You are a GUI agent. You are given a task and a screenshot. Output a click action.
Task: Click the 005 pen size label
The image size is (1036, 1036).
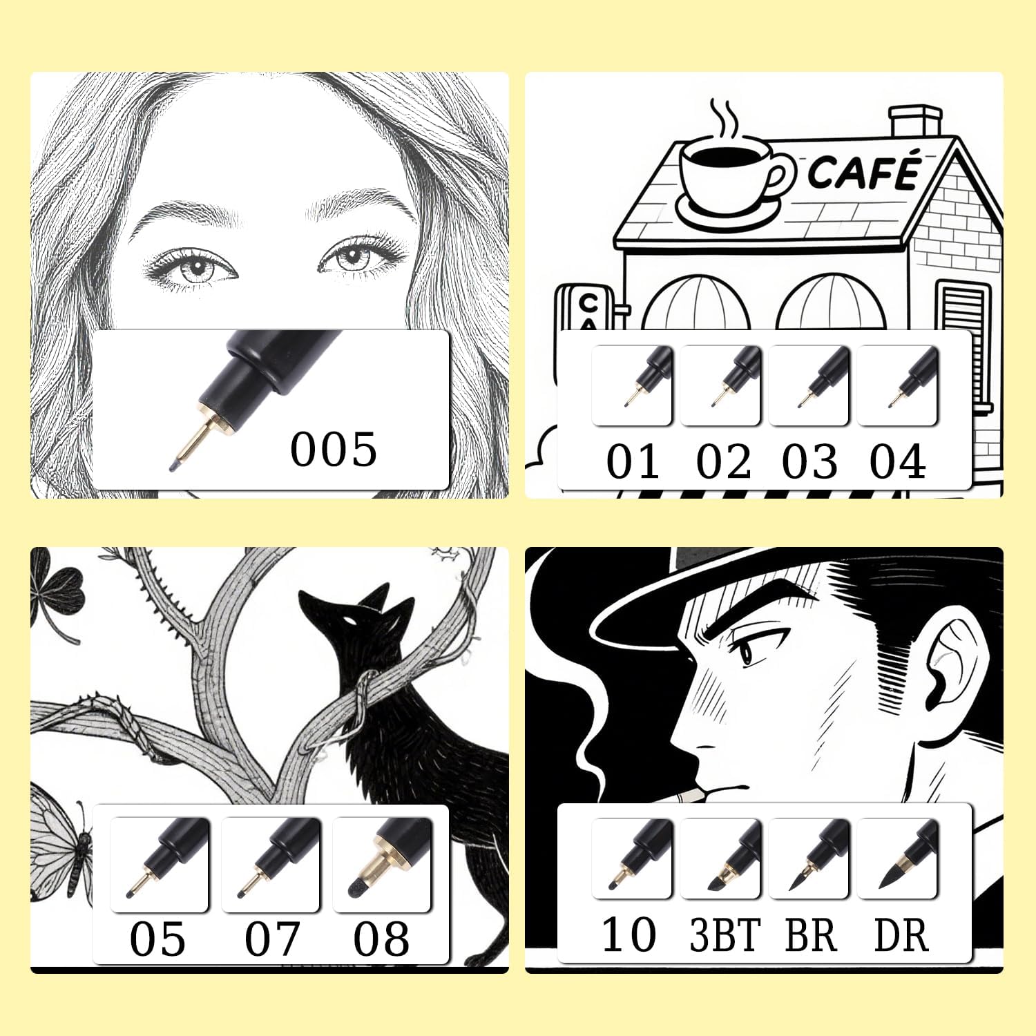click(x=334, y=449)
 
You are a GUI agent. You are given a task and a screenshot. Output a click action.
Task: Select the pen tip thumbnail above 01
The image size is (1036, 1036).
click(x=632, y=385)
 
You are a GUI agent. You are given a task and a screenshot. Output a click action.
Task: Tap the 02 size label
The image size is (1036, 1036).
click(x=723, y=461)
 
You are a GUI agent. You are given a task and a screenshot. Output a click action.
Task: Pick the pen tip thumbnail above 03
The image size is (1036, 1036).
click(x=809, y=385)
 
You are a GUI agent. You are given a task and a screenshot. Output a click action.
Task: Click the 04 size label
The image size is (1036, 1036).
click(x=897, y=461)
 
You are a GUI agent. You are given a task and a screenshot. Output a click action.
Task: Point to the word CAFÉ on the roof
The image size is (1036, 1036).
click(x=865, y=171)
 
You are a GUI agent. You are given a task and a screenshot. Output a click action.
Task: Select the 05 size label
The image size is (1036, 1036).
click(x=157, y=939)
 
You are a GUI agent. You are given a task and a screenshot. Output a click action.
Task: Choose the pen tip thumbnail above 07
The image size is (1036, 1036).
click(x=271, y=864)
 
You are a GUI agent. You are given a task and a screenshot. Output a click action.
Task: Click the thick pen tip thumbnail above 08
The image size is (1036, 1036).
click(x=382, y=864)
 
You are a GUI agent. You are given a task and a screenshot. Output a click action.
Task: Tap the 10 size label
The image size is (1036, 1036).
click(x=629, y=935)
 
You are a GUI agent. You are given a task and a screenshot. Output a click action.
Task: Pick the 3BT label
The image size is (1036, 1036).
click(x=725, y=936)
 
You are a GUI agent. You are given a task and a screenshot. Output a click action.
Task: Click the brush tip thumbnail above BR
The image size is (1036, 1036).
click(x=809, y=858)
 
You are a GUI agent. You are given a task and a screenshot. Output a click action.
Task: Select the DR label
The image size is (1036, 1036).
click(x=901, y=936)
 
